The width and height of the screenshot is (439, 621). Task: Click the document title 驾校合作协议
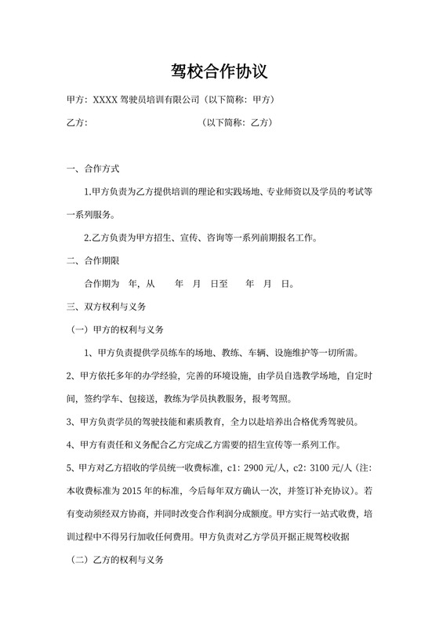point(219,72)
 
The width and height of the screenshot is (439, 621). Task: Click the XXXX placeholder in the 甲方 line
point(105,100)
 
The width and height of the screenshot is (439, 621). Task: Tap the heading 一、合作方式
point(94,169)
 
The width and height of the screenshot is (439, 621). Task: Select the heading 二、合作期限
point(94,260)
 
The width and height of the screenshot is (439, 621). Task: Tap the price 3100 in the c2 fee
point(310,469)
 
